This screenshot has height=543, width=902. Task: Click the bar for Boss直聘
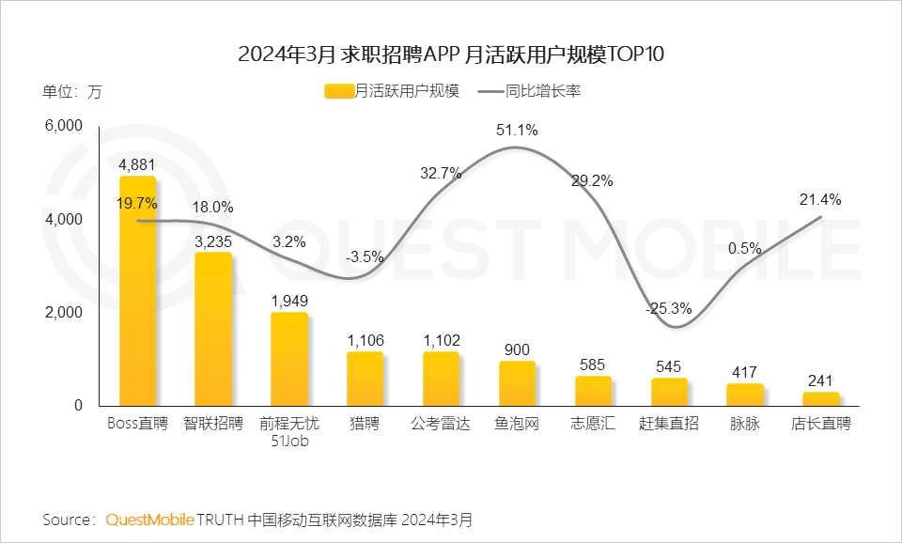(137, 291)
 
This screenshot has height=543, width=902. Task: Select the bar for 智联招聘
(213, 329)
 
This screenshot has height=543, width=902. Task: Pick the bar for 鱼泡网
(517, 383)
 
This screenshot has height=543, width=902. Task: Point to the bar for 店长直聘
(820, 399)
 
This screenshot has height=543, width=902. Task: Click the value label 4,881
(137, 165)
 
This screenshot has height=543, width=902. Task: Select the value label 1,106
(365, 341)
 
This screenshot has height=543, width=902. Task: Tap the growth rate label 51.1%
(517, 131)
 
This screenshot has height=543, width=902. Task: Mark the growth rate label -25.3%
(668, 308)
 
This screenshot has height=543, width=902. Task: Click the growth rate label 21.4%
(820, 199)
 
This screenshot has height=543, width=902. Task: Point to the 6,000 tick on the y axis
(65, 126)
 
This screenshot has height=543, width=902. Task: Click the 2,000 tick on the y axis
(65, 312)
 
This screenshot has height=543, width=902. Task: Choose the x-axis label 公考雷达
(441, 424)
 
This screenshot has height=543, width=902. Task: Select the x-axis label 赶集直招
(668, 424)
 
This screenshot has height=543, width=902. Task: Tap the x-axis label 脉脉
(744, 424)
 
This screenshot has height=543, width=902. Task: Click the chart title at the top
(451, 54)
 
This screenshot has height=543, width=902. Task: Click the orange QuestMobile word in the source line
(150, 520)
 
